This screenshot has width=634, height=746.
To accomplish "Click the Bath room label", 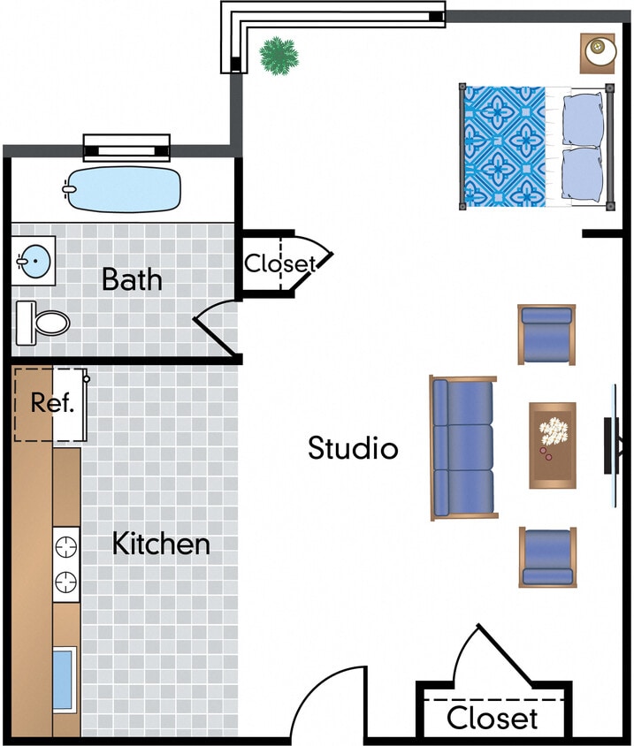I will pyautogui.click(x=132, y=279).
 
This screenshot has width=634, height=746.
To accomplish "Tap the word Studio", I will pyautogui.click(x=353, y=448).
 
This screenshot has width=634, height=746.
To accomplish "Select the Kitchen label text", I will pyautogui.click(x=161, y=544).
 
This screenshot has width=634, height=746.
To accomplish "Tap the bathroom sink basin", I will pyautogui.click(x=34, y=261).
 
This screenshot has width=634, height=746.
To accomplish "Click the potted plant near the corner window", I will pyautogui.click(x=279, y=55).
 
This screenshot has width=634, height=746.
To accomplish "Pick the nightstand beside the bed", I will pyautogui.click(x=598, y=51).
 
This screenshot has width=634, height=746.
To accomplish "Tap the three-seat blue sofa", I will pyautogui.click(x=462, y=447).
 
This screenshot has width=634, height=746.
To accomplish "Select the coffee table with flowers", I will pyautogui.click(x=553, y=445).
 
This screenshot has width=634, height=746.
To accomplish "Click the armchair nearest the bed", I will pyautogui.click(x=546, y=333).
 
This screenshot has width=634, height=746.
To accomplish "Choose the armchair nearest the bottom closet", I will pyautogui.click(x=546, y=557).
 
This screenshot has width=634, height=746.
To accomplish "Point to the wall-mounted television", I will pyautogui.click(x=612, y=445).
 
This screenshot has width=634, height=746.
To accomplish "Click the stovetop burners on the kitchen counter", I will pyautogui.click(x=65, y=563).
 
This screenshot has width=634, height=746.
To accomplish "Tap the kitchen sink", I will pyautogui.click(x=63, y=679).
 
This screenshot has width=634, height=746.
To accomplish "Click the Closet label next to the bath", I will pyautogui.click(x=279, y=263).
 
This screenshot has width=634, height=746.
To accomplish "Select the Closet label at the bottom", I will pyautogui.click(x=492, y=718).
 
